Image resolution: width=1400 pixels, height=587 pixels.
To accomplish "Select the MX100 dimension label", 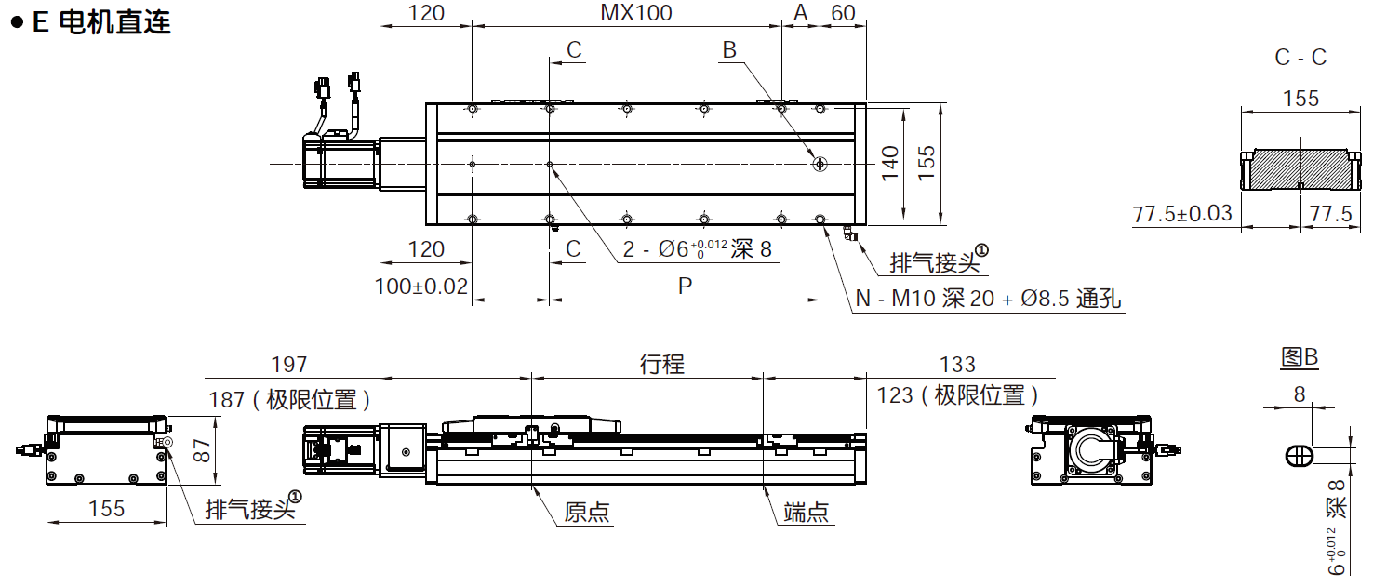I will coord(635,12).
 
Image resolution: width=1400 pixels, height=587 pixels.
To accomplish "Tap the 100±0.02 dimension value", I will coord(421,286).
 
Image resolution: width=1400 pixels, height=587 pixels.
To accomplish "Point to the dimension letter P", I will coord(685,287).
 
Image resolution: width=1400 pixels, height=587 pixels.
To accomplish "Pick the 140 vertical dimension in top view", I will coord(890,164).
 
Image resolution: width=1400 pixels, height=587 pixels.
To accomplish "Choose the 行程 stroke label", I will coord(661,364).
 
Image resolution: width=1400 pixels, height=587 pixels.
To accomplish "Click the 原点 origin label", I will coord(587,512).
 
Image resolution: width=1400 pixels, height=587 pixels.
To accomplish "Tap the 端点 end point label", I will coord(806,512).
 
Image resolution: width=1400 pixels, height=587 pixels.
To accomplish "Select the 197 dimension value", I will coord(288,364).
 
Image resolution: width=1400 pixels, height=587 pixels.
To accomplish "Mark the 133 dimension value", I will coord(958,364).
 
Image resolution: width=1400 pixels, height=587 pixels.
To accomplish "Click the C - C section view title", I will coord(1300,57).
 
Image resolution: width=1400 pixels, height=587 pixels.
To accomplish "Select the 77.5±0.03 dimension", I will coord(1181,213).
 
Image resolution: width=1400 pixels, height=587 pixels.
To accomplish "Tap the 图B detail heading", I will coord(1300,357).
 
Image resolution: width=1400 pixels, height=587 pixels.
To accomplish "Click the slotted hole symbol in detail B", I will coord(1299,456).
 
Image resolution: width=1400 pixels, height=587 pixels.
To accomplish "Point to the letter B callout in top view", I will coord(729,50).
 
